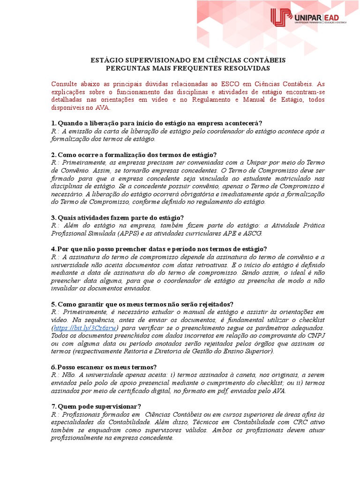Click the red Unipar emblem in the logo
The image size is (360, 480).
click(x=281, y=18)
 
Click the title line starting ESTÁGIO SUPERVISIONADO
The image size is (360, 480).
click(x=187, y=60)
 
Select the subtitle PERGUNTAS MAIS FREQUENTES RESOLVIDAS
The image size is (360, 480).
click(x=187, y=68)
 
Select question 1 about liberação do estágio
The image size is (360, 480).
click(x=157, y=123)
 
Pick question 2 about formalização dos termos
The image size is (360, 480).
click(x=134, y=155)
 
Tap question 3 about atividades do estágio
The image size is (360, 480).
click(x=117, y=217)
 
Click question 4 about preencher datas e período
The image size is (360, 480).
click(x=159, y=249)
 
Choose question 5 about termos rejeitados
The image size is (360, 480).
click(x=142, y=304)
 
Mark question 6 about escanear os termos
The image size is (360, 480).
click(x=104, y=367)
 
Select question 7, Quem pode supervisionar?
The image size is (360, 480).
click(x=96, y=406)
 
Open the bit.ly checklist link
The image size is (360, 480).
click(x=85, y=328)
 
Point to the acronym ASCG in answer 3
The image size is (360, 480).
click(x=253, y=233)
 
